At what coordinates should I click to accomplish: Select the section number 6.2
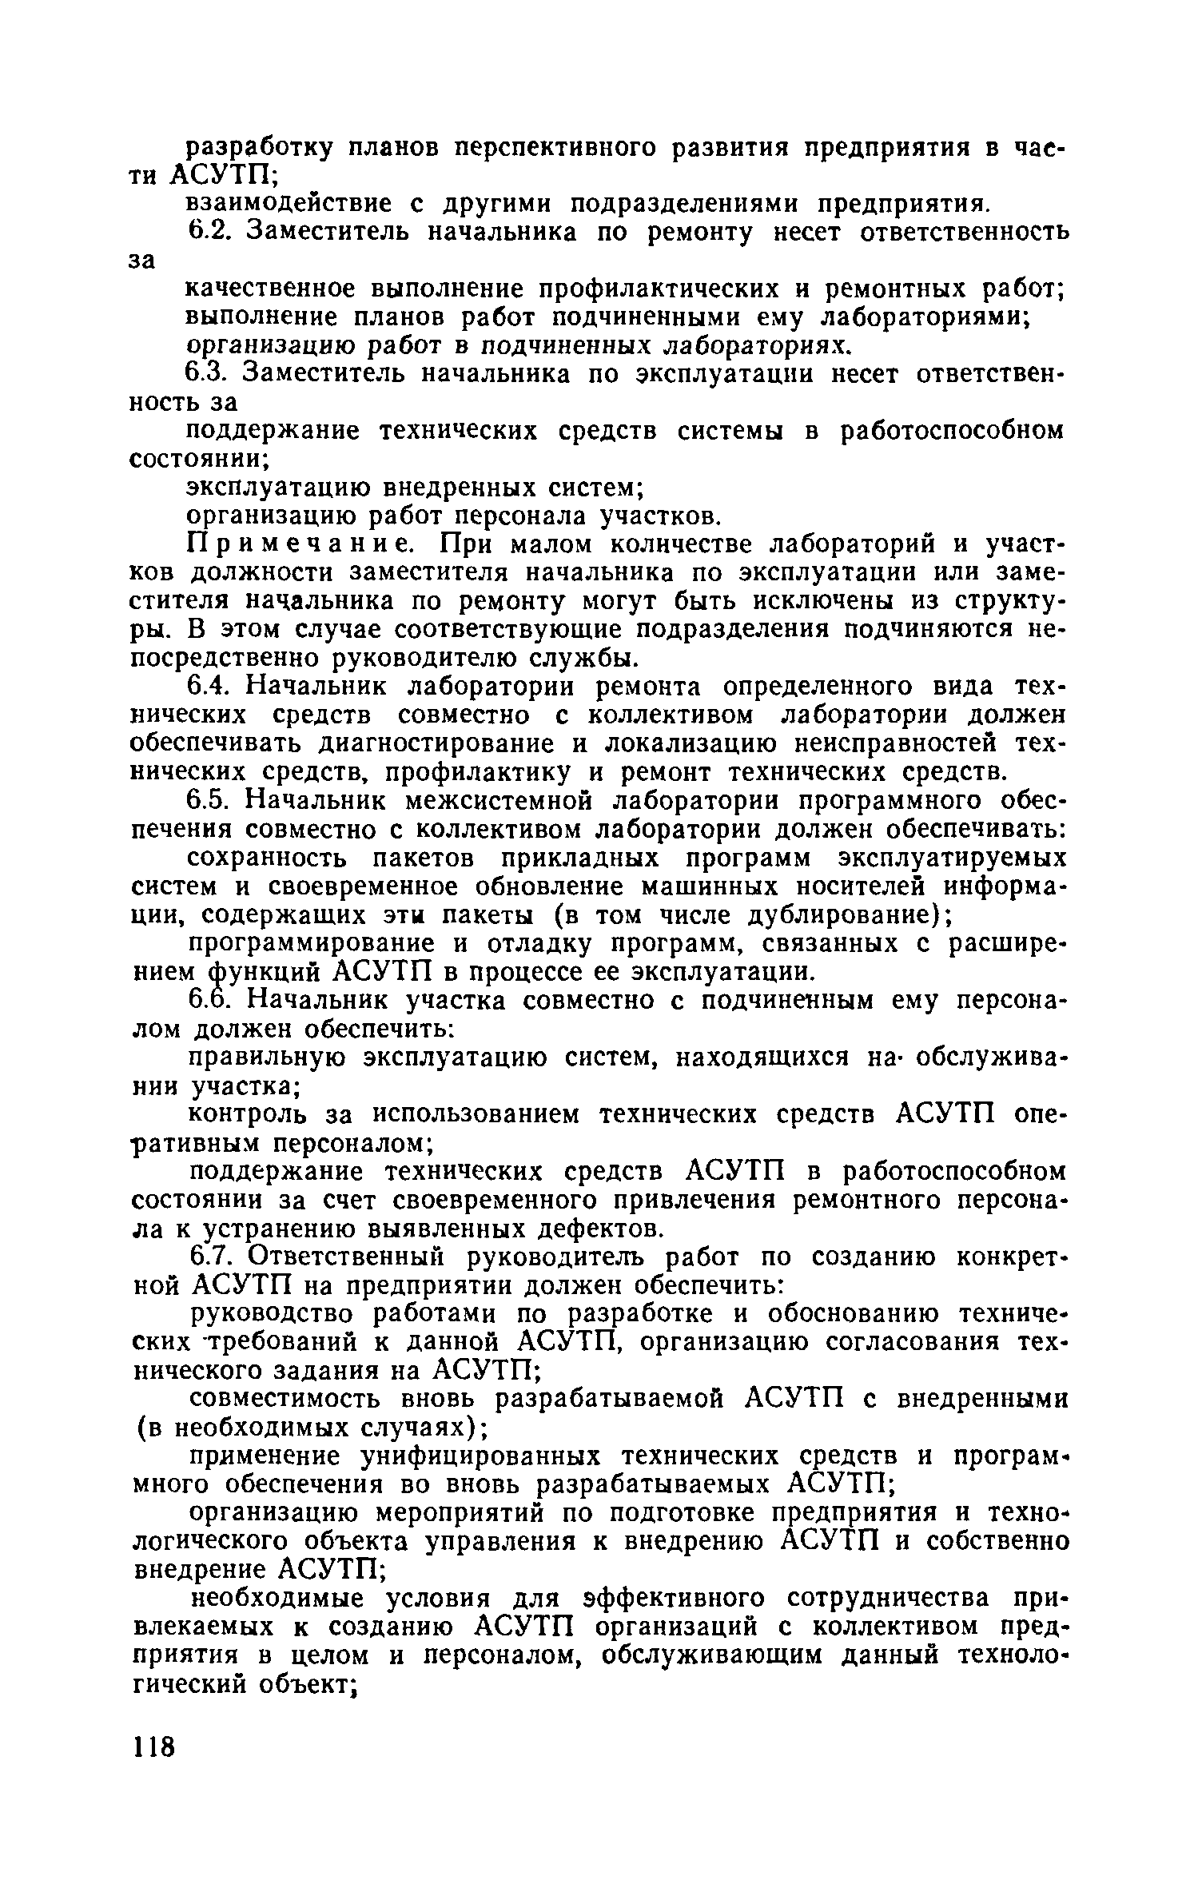[x=209, y=233]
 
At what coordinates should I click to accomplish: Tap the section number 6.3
[x=209, y=373]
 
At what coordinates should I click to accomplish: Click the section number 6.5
[x=210, y=800]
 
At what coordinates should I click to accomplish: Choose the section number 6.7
[x=210, y=1257]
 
